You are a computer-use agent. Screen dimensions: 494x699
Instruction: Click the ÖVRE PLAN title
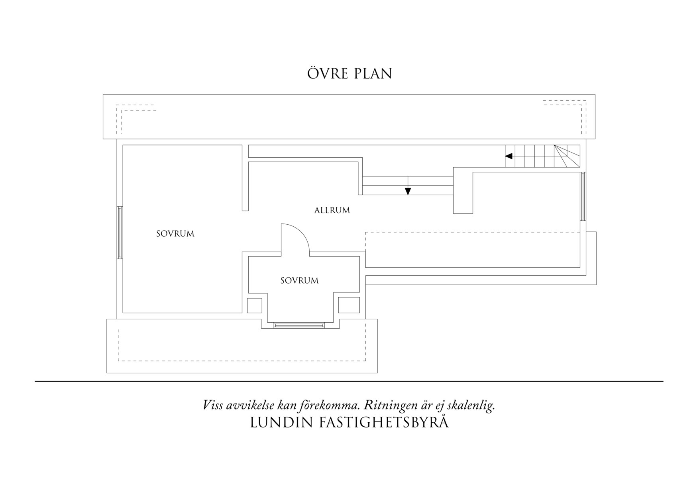(349, 74)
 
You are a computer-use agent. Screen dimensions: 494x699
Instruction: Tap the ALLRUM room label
(332, 210)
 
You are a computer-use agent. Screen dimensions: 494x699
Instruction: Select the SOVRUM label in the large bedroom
(175, 234)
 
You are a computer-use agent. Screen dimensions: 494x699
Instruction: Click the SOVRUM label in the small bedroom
(299, 280)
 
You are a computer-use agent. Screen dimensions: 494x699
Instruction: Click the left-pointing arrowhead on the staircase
(509, 156)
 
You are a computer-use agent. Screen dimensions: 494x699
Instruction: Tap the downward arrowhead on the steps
(408, 191)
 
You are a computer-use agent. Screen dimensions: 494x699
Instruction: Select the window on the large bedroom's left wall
(120, 233)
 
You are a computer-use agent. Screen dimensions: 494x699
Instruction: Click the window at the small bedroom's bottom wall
(299, 325)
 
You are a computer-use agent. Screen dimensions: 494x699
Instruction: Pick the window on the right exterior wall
(583, 196)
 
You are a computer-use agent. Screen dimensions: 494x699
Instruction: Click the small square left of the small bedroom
(255, 305)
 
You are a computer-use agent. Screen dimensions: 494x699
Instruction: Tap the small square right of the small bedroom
(349, 305)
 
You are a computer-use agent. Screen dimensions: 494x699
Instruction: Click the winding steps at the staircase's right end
(567, 156)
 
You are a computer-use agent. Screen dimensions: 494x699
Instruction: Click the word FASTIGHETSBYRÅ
(384, 423)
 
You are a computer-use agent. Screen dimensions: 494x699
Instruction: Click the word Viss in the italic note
(213, 406)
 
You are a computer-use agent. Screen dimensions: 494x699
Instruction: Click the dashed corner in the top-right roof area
(583, 103)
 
